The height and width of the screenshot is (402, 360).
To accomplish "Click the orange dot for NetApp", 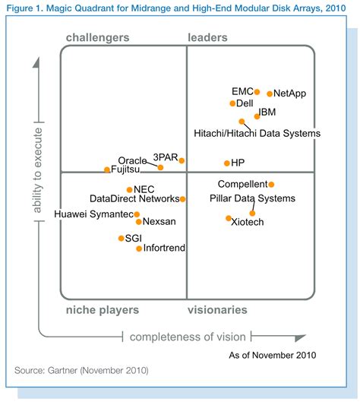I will tap(269, 93).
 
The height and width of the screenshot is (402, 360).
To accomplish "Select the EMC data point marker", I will tap(257, 92).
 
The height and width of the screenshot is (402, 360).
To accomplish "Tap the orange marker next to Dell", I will tap(232, 103).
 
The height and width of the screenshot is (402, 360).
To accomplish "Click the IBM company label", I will tap(267, 113).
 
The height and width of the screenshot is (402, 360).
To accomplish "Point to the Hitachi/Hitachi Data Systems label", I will tap(257, 133).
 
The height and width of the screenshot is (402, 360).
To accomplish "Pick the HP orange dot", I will tap(226, 163).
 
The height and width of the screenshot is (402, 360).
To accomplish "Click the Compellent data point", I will tap(271, 184).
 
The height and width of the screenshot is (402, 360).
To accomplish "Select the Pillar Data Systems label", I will tap(251, 199).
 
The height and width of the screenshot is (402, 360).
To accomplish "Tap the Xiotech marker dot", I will tap(229, 219).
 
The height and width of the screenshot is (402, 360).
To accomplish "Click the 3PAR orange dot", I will tap(182, 160).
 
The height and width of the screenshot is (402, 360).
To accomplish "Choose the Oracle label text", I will tap(132, 160).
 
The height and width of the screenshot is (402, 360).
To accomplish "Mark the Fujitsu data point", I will tap(106, 169).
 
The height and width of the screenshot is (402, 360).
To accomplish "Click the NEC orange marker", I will tap(130, 189).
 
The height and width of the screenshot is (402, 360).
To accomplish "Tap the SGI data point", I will tap(121, 239).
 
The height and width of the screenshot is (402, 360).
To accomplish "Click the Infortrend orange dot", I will tap(138, 248).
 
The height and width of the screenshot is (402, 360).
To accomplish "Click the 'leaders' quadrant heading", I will tap(208, 37).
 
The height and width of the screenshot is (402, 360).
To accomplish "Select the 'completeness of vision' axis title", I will tap(187, 337).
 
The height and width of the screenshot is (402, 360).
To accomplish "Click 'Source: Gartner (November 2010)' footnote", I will tap(81, 370).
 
